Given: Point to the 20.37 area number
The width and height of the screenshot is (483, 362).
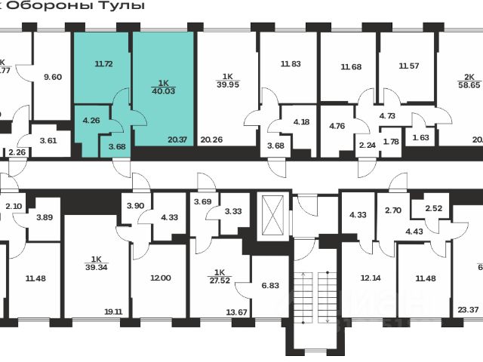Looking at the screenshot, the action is (177, 138).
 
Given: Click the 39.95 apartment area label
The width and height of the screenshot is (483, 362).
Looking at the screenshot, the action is (227, 84).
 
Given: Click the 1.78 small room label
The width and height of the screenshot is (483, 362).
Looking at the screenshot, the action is (391, 141).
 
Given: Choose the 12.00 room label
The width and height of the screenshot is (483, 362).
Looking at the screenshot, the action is (161, 278).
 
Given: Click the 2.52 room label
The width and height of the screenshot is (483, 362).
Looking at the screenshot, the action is (434, 208).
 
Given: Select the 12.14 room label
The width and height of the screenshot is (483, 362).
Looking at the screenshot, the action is (371, 278).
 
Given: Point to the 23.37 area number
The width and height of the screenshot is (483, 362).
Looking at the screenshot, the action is (469, 308).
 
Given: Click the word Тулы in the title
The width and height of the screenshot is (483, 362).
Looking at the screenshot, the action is (125, 5).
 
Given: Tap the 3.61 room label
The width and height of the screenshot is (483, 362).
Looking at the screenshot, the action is (49, 140).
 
